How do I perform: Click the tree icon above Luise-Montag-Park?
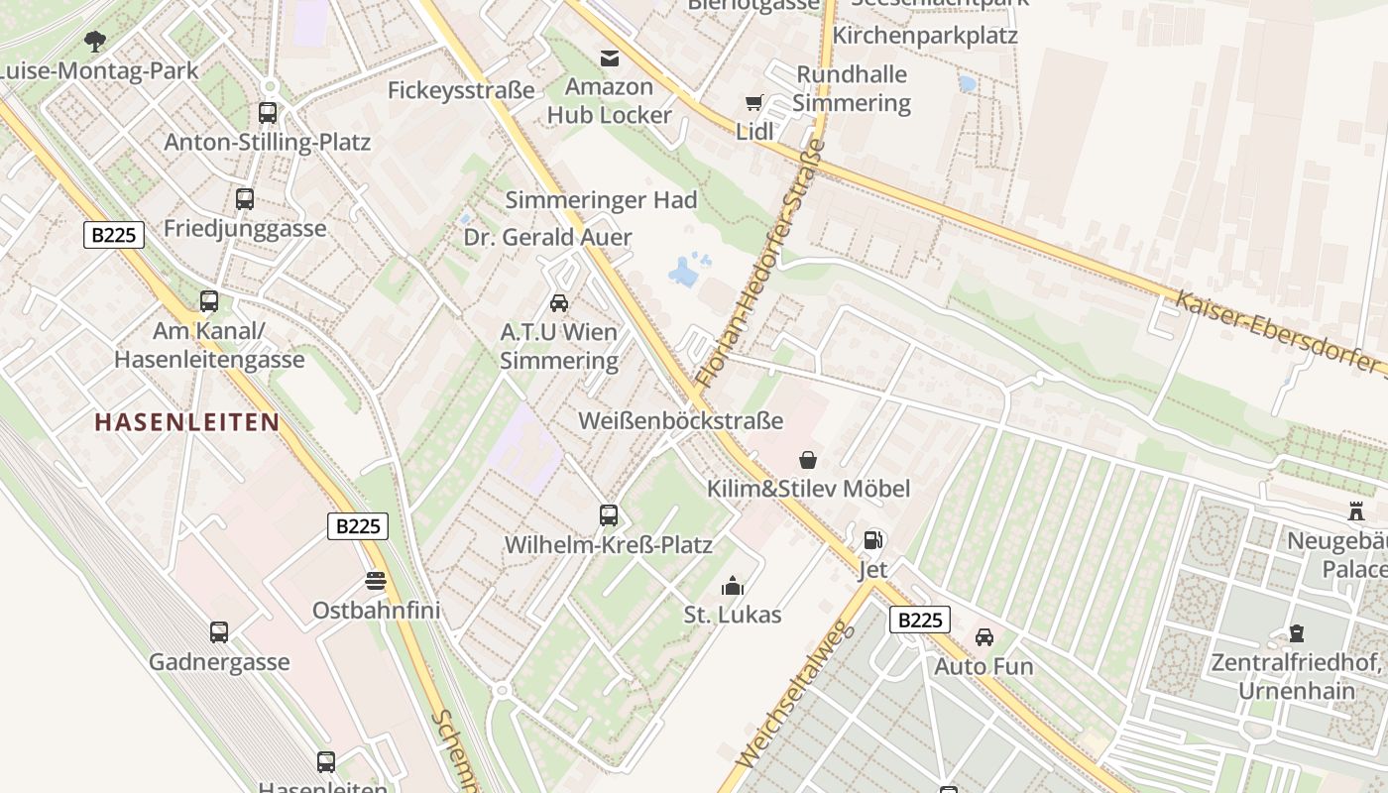(x=95, y=41)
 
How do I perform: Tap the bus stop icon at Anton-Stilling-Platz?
(x=268, y=113)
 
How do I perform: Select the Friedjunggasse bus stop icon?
(x=245, y=199)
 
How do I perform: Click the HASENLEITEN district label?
(x=186, y=422)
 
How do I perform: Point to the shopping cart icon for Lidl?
(x=754, y=102)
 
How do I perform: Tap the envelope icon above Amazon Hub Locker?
(x=609, y=58)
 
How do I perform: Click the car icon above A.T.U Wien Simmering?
(x=559, y=303)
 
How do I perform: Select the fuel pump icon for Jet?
(x=872, y=540)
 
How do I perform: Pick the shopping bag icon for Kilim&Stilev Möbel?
(x=808, y=460)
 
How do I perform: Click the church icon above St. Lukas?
(x=733, y=586)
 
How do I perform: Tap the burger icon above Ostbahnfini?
(x=376, y=580)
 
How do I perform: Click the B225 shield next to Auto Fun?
(x=919, y=621)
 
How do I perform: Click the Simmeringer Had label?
(x=602, y=200)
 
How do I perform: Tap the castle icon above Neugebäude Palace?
(x=1356, y=511)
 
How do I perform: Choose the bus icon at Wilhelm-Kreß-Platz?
(x=609, y=515)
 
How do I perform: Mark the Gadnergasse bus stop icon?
(x=219, y=632)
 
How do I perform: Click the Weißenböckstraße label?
(x=681, y=421)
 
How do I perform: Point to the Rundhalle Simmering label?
(x=852, y=89)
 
